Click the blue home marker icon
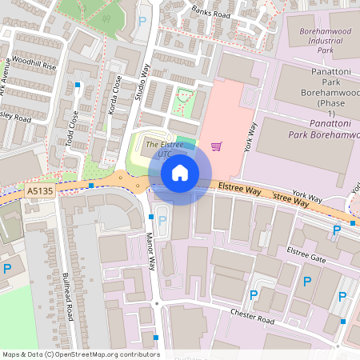click(x=180, y=172)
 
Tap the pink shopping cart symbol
click(x=216, y=146)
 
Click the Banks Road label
click(x=210, y=13)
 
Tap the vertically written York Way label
click(x=252, y=140)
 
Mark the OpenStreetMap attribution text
click(x=81, y=354)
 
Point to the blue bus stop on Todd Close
click(x=78, y=84)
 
